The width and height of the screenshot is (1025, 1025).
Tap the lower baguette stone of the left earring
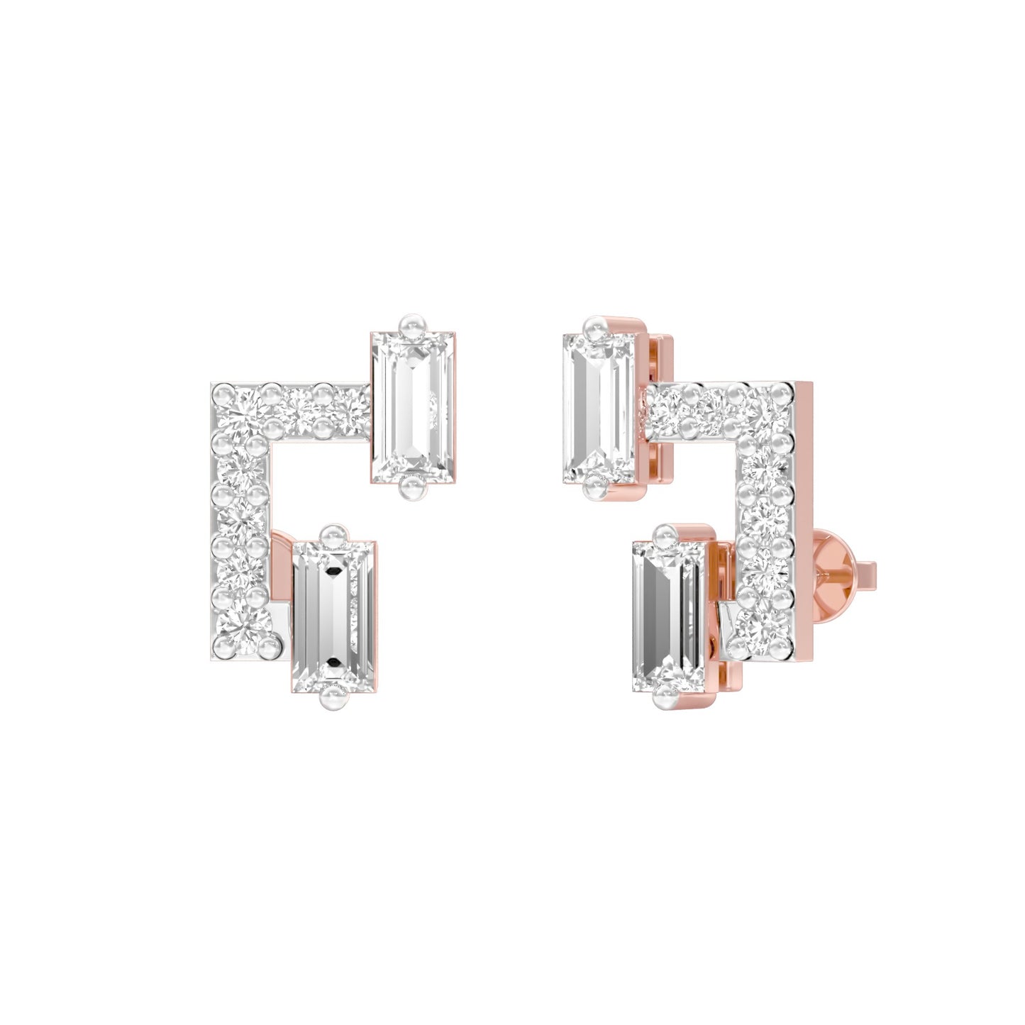[333, 616]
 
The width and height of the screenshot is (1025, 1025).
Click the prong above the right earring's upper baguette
[594, 327]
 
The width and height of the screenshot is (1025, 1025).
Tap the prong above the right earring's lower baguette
[665, 534]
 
